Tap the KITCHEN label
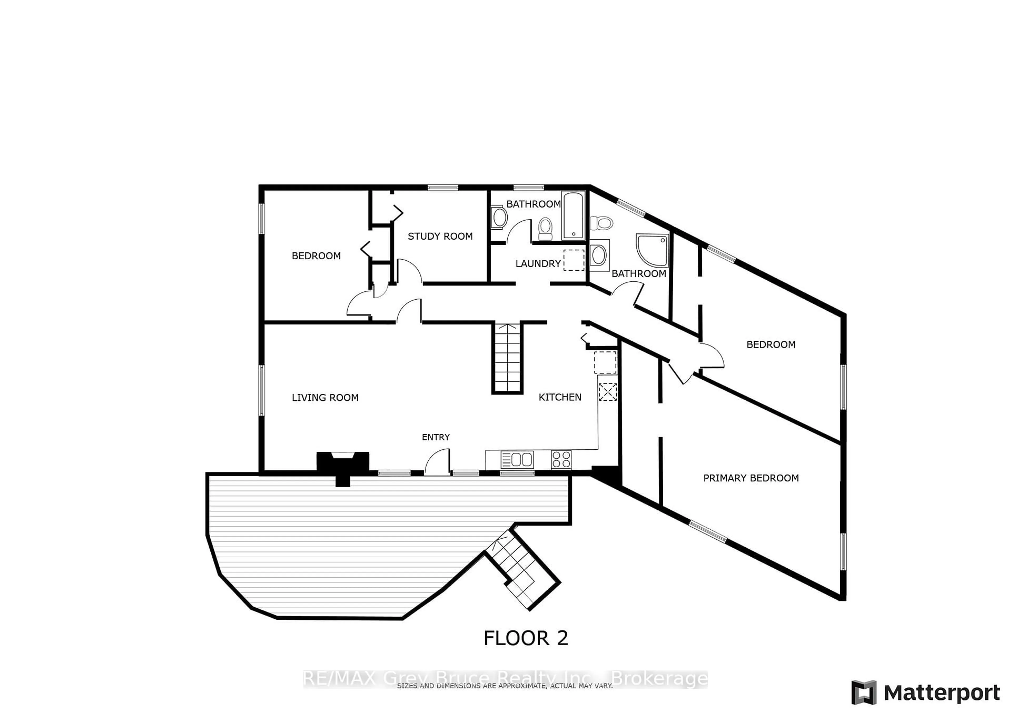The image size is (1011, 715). pos(560,397)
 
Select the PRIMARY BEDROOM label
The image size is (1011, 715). pos(751,478)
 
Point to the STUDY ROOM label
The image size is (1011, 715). pos(440,236)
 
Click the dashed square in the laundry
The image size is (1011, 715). pos(574,260)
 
